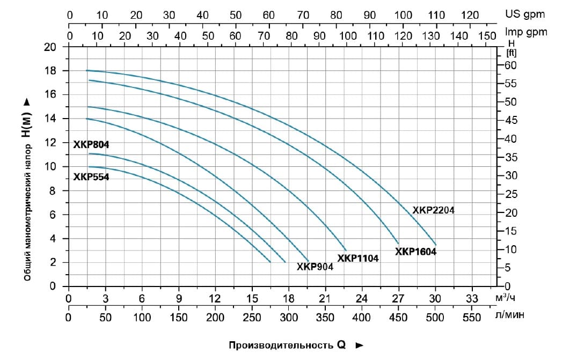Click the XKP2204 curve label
coord(433,210)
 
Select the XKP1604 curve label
coord(415,251)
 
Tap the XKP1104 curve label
coord(358,259)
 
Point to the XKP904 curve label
coord(315,267)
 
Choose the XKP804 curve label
coord(91,144)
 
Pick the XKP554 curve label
coord(91,177)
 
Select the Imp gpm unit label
coord(526,32)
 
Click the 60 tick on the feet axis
coord(510,65)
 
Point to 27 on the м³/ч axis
coord(398,299)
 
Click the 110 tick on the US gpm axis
coord(436,15)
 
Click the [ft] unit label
coord(511,53)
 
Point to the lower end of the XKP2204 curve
coord(436,245)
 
